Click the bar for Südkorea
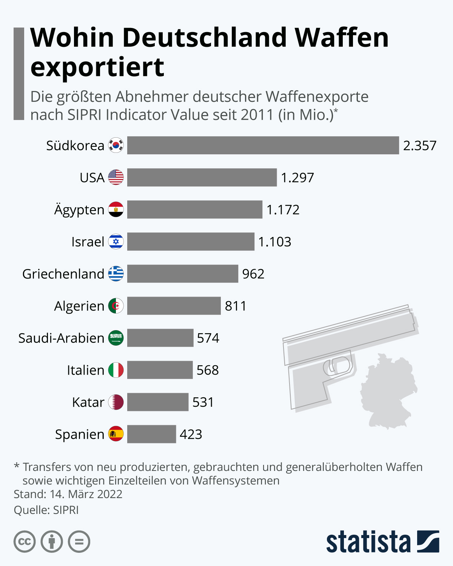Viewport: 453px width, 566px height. pyautogui.click(x=263, y=145)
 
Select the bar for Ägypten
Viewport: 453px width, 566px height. pyautogui.click(x=194, y=209)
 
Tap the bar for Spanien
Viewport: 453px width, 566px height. pyautogui.click(x=151, y=434)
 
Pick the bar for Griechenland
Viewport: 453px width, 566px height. pyautogui.click(x=182, y=274)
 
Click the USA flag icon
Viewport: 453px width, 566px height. pyautogui.click(x=116, y=177)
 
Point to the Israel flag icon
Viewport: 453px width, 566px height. pyautogui.click(x=116, y=241)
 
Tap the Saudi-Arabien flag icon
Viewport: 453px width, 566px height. pyautogui.click(x=116, y=338)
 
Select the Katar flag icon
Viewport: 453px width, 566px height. pyautogui.click(x=116, y=402)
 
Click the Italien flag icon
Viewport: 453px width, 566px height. pyautogui.click(x=116, y=370)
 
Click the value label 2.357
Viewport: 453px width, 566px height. pyautogui.click(x=419, y=146)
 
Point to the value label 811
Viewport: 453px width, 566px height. pyautogui.click(x=236, y=306)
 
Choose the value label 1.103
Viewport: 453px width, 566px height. pyautogui.click(x=274, y=242)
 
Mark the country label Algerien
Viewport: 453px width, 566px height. pyautogui.click(x=79, y=306)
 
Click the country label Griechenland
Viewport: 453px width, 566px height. pyautogui.click(x=63, y=274)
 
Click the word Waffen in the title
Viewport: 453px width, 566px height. pyautogui.click(x=341, y=38)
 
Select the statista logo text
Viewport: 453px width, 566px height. pyautogui.click(x=368, y=542)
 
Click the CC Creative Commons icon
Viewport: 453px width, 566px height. pyautogui.click(x=25, y=542)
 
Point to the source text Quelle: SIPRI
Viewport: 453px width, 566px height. pyautogui.click(x=46, y=510)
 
